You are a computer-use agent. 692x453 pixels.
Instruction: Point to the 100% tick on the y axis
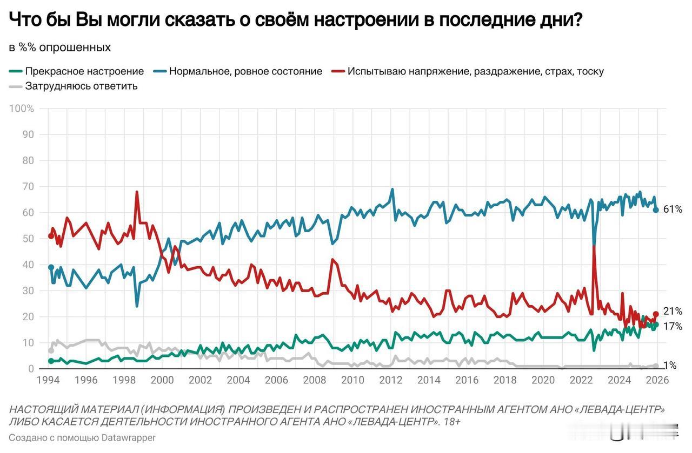pyautogui.click(x=22, y=109)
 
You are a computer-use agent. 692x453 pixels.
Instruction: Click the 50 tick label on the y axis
pyautogui.click(x=28, y=239)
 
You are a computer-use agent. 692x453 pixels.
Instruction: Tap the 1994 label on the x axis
pyautogui.click(x=48, y=380)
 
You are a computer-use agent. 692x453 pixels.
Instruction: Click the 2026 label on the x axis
pyautogui.click(x=657, y=380)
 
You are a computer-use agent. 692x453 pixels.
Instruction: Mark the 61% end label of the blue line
pyautogui.click(x=673, y=209)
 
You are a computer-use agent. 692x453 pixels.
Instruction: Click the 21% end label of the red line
pyautogui.click(x=673, y=312)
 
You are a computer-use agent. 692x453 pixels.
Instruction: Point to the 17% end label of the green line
pyautogui.click(x=673, y=327)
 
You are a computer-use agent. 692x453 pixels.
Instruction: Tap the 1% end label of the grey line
pyautogui.click(x=670, y=366)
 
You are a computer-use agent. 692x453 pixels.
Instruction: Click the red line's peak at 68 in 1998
pyautogui.click(x=137, y=192)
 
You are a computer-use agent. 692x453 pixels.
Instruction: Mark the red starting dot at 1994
pyautogui.click(x=51, y=236)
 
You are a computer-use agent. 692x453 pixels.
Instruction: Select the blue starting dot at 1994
pyautogui.click(x=51, y=267)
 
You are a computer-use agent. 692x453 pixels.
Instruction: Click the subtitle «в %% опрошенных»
pyautogui.click(x=59, y=48)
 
